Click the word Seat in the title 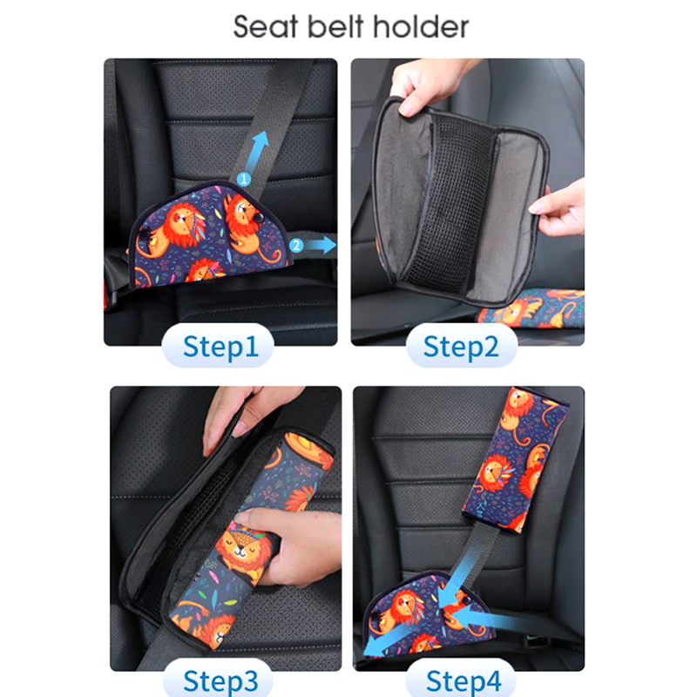(266, 27)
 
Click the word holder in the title (421, 27)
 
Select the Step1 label (220, 346)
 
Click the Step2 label (461, 346)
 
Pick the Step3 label (220, 680)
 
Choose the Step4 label (464, 680)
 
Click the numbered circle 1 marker (243, 179)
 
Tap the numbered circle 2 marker (296, 245)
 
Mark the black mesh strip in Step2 (449, 204)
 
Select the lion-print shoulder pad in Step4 (515, 460)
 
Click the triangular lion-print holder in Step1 (210, 235)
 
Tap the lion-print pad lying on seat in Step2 (531, 308)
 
